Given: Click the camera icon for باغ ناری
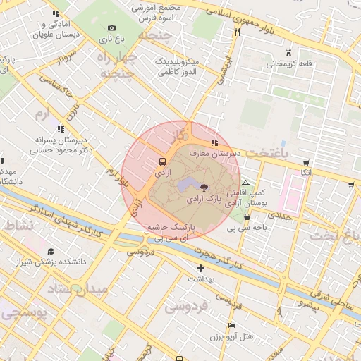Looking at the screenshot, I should click(x=111, y=28).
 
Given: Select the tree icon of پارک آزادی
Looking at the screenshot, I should click(x=204, y=188).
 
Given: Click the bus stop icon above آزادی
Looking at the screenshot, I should click(x=163, y=161).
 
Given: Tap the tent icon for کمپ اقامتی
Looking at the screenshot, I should click(x=245, y=183).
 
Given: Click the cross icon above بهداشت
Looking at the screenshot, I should click(x=201, y=268).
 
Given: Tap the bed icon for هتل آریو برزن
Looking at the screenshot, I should click(x=231, y=325).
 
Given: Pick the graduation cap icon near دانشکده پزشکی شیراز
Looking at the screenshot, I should click(x=51, y=251).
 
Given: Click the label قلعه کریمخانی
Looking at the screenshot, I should click(x=289, y=63).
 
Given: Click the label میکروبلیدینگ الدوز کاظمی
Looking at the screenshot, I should click(x=178, y=67).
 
